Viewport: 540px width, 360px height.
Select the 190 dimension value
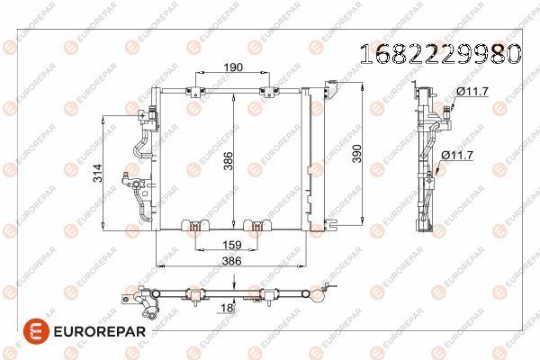[x=207, y=67]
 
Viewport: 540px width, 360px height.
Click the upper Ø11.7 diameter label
[x=472, y=91]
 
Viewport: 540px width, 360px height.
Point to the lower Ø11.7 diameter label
[x=456, y=155]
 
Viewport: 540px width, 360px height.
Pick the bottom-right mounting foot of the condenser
[x=257, y=225]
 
